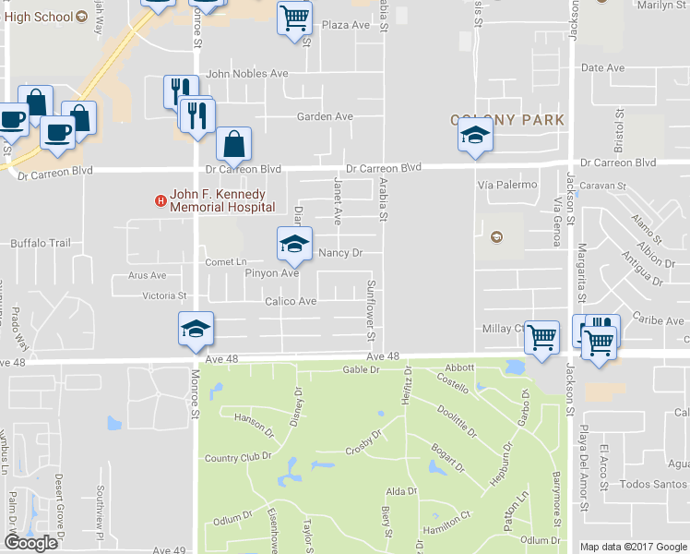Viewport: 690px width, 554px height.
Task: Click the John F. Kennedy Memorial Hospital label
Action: point(218,200)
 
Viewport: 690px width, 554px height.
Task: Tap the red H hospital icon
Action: point(161,199)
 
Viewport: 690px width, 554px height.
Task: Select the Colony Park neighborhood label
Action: point(507,120)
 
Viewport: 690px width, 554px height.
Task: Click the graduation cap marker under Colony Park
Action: point(476,137)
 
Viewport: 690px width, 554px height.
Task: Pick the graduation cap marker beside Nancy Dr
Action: point(294,245)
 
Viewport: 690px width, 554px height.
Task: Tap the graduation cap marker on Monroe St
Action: point(196,330)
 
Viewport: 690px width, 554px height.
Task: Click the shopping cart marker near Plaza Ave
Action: point(294,18)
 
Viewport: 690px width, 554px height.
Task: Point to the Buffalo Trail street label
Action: point(40,244)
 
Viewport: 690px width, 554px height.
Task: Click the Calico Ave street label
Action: point(291,302)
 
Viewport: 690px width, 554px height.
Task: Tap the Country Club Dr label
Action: point(238,457)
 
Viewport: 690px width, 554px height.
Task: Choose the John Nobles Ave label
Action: point(247,74)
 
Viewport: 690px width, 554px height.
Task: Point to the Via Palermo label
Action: point(507,185)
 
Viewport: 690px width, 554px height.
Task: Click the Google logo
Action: point(30,544)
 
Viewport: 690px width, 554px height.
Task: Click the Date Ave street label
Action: point(603,68)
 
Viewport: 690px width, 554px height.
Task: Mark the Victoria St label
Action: point(164,296)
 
